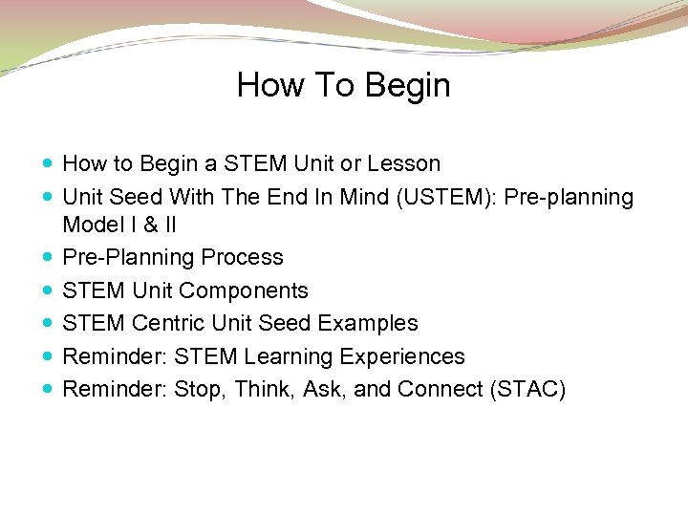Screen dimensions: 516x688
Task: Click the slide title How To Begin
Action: point(343,85)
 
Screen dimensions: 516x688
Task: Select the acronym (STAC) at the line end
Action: point(530,390)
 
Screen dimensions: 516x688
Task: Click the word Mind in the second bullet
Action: point(339,198)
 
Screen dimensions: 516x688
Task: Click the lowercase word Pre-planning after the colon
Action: point(569,198)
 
